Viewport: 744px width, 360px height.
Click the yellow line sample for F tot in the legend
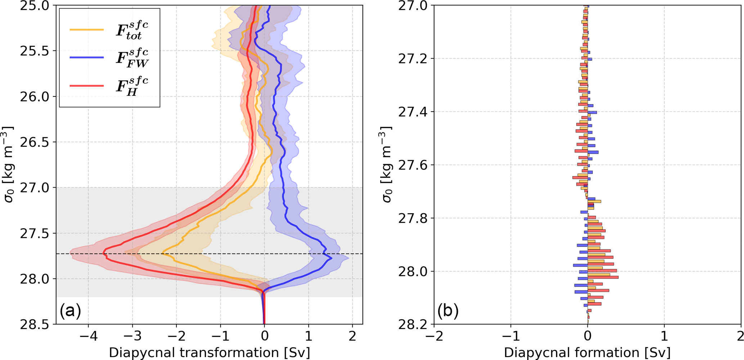[x=87, y=30]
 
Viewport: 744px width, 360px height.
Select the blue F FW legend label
[x=132, y=58]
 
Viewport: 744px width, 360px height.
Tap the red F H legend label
[x=132, y=86]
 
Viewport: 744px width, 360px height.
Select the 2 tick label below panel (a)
[x=352, y=336]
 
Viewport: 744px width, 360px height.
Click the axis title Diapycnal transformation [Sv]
[x=209, y=352]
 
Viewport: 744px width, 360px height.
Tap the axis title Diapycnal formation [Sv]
[x=587, y=352]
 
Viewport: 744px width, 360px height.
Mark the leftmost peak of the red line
[x=103, y=253]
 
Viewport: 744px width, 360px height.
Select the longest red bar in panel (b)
[x=603, y=277]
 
